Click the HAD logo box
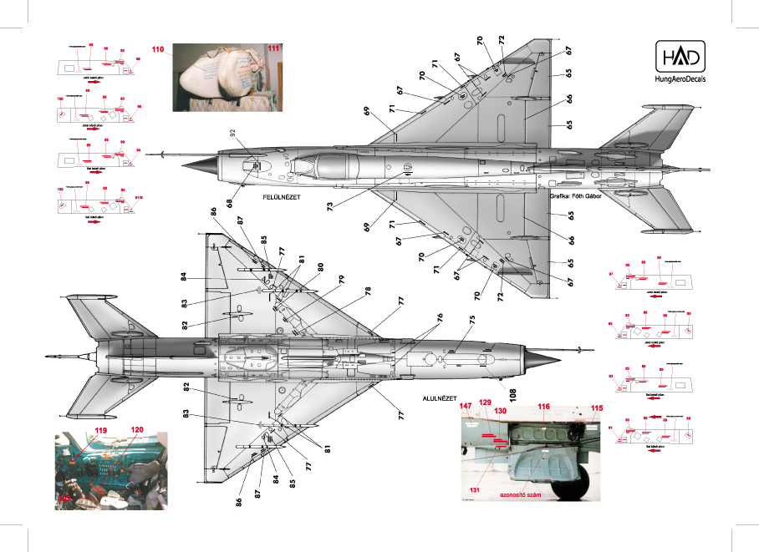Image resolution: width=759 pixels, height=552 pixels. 681,55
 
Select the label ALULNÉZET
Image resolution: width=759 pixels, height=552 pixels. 438,377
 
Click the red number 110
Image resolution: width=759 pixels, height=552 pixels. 158,50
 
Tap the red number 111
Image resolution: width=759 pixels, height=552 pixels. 275,48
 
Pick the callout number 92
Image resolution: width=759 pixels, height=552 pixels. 233,132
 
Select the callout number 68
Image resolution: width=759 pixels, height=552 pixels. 227,200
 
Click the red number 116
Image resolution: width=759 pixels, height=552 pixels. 543,407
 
